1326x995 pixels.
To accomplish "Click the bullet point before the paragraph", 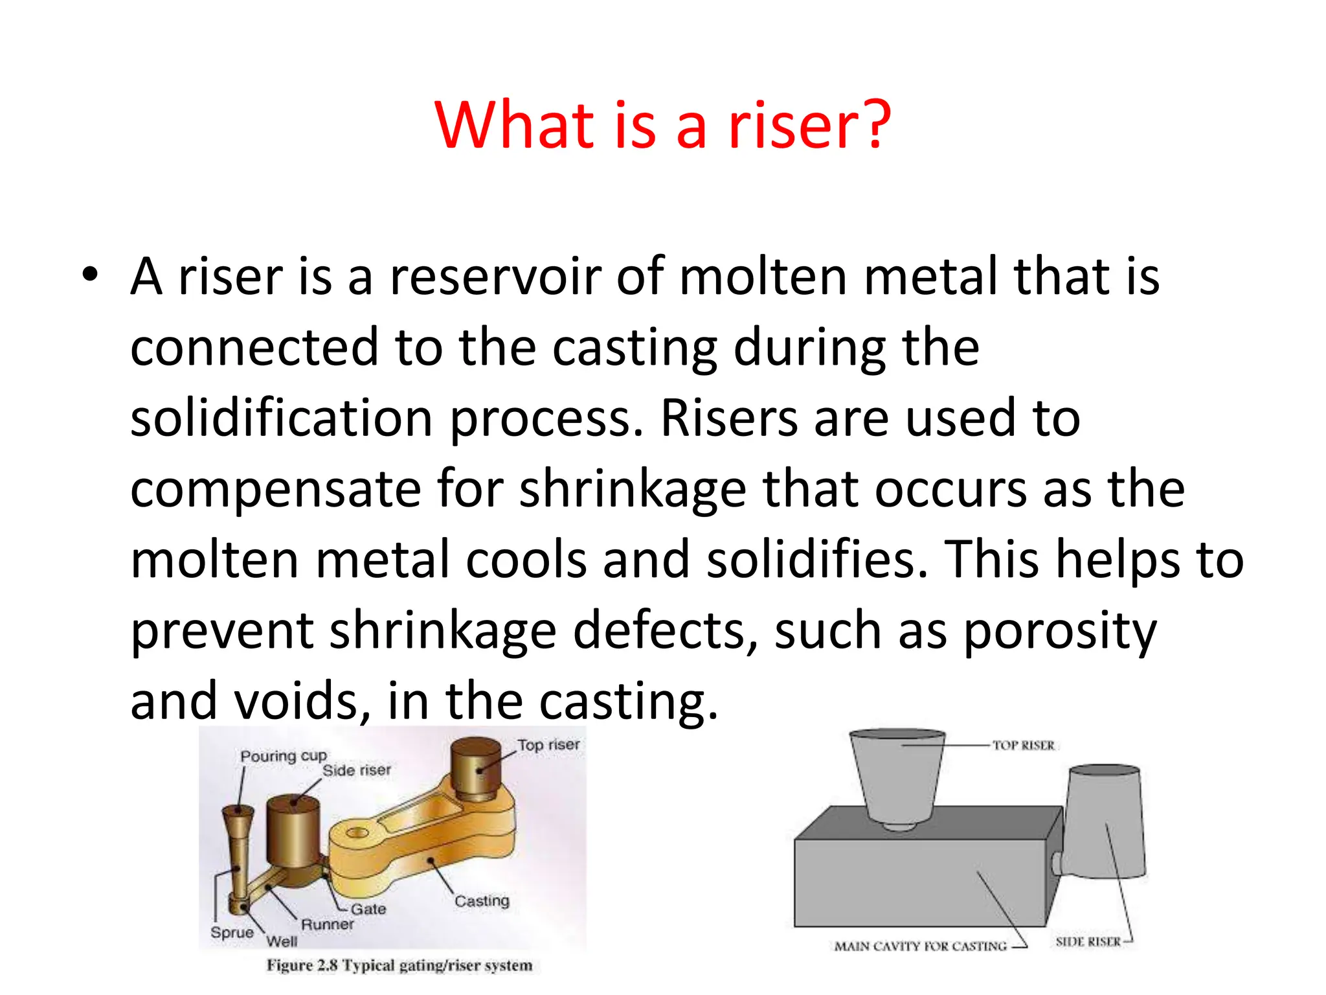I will click(x=90, y=275).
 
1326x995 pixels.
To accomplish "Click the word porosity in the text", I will click(x=1059, y=631).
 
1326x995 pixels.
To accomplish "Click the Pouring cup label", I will click(x=284, y=756).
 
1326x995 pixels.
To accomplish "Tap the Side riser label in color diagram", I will click(x=357, y=770).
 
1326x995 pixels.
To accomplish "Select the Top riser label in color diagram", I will click(x=548, y=745).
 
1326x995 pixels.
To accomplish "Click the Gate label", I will click(x=368, y=909).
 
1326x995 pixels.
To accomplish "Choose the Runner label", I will click(x=328, y=924).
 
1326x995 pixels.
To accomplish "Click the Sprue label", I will click(x=232, y=932).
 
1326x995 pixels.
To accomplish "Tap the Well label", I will click(x=282, y=941).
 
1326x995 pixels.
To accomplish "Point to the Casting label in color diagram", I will click(x=482, y=900).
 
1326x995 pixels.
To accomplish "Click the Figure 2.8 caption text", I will click(x=399, y=965).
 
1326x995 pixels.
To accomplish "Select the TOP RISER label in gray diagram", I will click(x=1024, y=746).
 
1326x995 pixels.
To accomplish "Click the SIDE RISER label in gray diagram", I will click(x=1088, y=941).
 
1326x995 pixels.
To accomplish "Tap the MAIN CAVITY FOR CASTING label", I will click(x=920, y=946).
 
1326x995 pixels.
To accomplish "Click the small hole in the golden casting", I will click(x=357, y=833).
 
